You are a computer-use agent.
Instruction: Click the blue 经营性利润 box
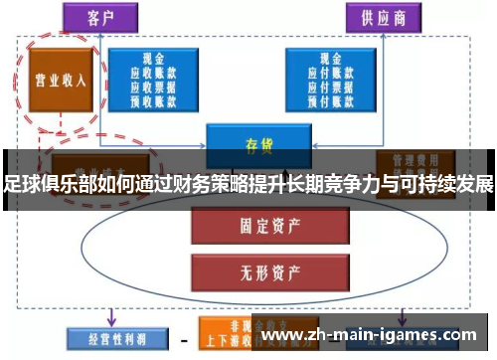click(104, 338)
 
